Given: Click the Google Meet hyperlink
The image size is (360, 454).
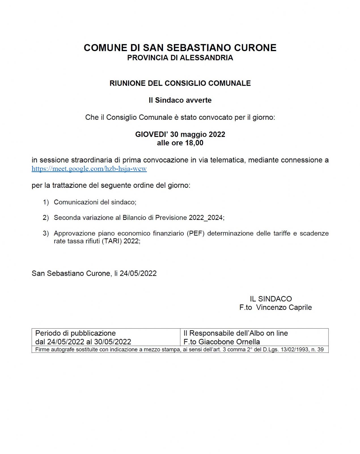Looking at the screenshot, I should [x=89, y=169].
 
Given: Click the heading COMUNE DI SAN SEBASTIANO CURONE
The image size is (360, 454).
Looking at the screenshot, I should [x=180, y=48].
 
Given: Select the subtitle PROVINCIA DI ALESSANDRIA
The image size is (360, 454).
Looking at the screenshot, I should [x=180, y=58].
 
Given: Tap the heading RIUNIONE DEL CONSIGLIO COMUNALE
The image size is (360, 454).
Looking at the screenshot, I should [x=180, y=83].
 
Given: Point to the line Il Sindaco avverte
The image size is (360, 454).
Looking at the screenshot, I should [x=180, y=100].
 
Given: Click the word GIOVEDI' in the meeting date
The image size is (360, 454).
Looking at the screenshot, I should [x=151, y=134].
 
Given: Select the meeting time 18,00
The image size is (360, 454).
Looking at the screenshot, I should [x=194, y=143].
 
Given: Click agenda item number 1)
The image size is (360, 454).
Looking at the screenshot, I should [x=46, y=202].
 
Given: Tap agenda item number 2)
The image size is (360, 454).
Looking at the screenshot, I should [x=46, y=218].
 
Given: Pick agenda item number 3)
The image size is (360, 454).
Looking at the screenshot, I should [x=46, y=233].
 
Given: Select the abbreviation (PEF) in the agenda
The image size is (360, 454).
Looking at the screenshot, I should [x=195, y=233].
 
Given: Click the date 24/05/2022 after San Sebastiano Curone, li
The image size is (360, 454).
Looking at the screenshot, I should [x=138, y=273].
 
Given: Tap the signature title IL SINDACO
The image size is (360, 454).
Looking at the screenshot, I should [x=271, y=299].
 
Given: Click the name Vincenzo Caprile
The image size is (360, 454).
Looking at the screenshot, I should [x=284, y=307].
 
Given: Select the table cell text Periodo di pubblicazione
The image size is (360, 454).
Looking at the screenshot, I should [x=75, y=333].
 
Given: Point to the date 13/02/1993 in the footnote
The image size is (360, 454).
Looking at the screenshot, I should [x=295, y=350].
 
